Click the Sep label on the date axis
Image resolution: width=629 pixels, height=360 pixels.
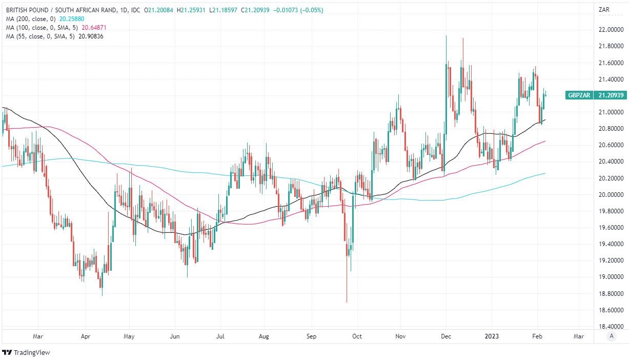tap(312, 336)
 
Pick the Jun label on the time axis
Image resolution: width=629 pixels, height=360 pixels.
tap(175, 336)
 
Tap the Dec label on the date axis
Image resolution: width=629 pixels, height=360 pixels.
tap(445, 336)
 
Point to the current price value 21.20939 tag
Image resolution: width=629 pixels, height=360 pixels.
tap(611, 95)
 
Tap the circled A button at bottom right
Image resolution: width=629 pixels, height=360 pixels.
tap(611, 336)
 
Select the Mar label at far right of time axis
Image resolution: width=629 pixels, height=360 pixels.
tap(579, 336)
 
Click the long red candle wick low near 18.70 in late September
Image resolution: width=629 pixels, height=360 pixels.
tap(347, 300)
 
